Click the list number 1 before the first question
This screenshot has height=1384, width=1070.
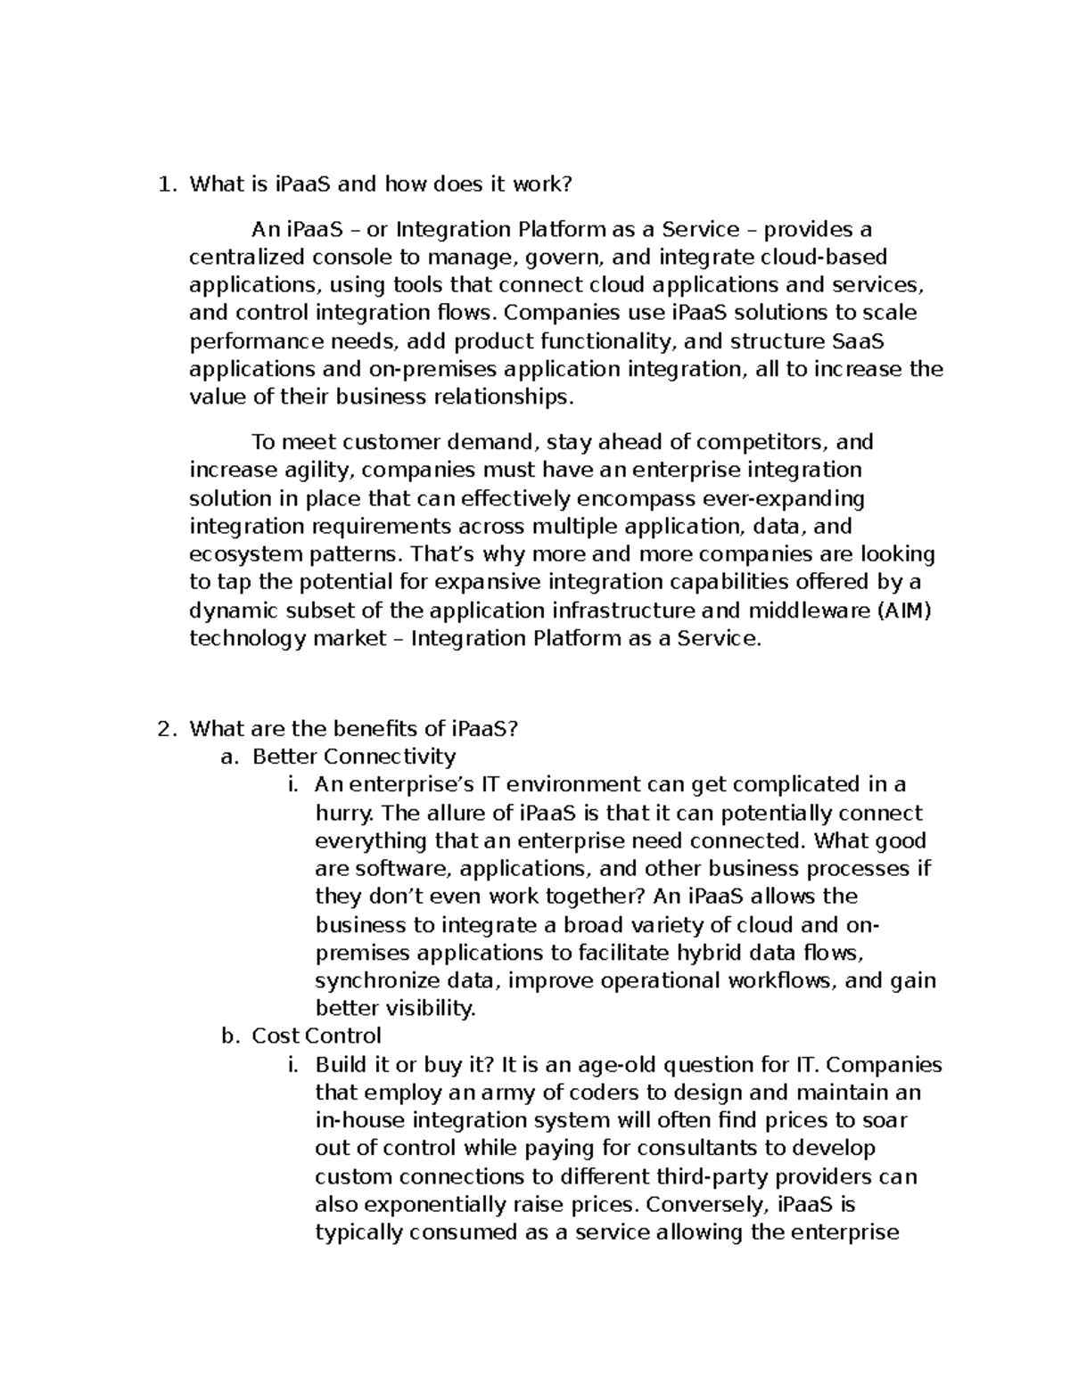click(162, 185)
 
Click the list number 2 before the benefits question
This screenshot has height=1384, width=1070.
click(162, 729)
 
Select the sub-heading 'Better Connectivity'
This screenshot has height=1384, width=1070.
click(354, 758)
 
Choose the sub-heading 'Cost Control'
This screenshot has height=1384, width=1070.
click(317, 1036)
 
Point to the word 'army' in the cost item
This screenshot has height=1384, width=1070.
click(448, 1093)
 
